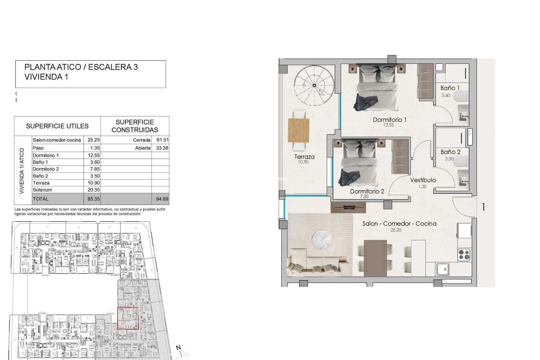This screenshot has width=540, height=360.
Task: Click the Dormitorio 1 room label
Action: pos(389,120)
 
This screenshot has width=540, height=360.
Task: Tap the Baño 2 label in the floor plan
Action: pos(450,152)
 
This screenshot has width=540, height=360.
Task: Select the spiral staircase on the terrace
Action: pos(314,85)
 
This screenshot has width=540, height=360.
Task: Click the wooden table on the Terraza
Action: pos(299,130)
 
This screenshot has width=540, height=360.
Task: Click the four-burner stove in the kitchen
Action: pos(464,255)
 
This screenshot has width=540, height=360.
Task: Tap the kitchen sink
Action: pos(443,269)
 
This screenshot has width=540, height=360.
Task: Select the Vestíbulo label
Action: pos(423,180)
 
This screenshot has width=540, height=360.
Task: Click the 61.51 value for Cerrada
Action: pos(162,140)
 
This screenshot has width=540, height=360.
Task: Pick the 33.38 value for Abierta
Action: pos(162,148)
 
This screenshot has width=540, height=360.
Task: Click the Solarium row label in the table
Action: pos(42,190)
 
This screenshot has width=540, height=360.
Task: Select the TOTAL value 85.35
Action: pos(93,199)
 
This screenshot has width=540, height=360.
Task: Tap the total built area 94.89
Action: pos(162,199)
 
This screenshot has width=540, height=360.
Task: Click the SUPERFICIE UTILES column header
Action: pos(57,126)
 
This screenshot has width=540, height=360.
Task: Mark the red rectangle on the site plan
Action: pos(128,318)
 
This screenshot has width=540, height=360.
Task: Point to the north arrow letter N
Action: pos(178,348)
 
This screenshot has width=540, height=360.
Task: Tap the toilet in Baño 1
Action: pos(462,96)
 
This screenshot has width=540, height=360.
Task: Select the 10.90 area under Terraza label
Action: pos(303,162)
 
